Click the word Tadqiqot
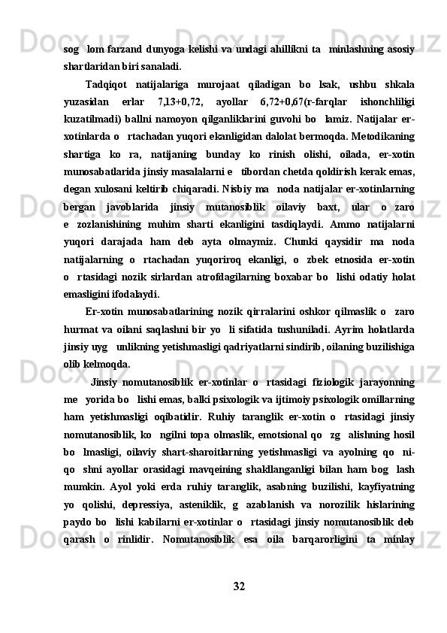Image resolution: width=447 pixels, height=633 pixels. [x=110, y=83]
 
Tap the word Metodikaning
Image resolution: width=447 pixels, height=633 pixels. [x=382, y=135]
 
